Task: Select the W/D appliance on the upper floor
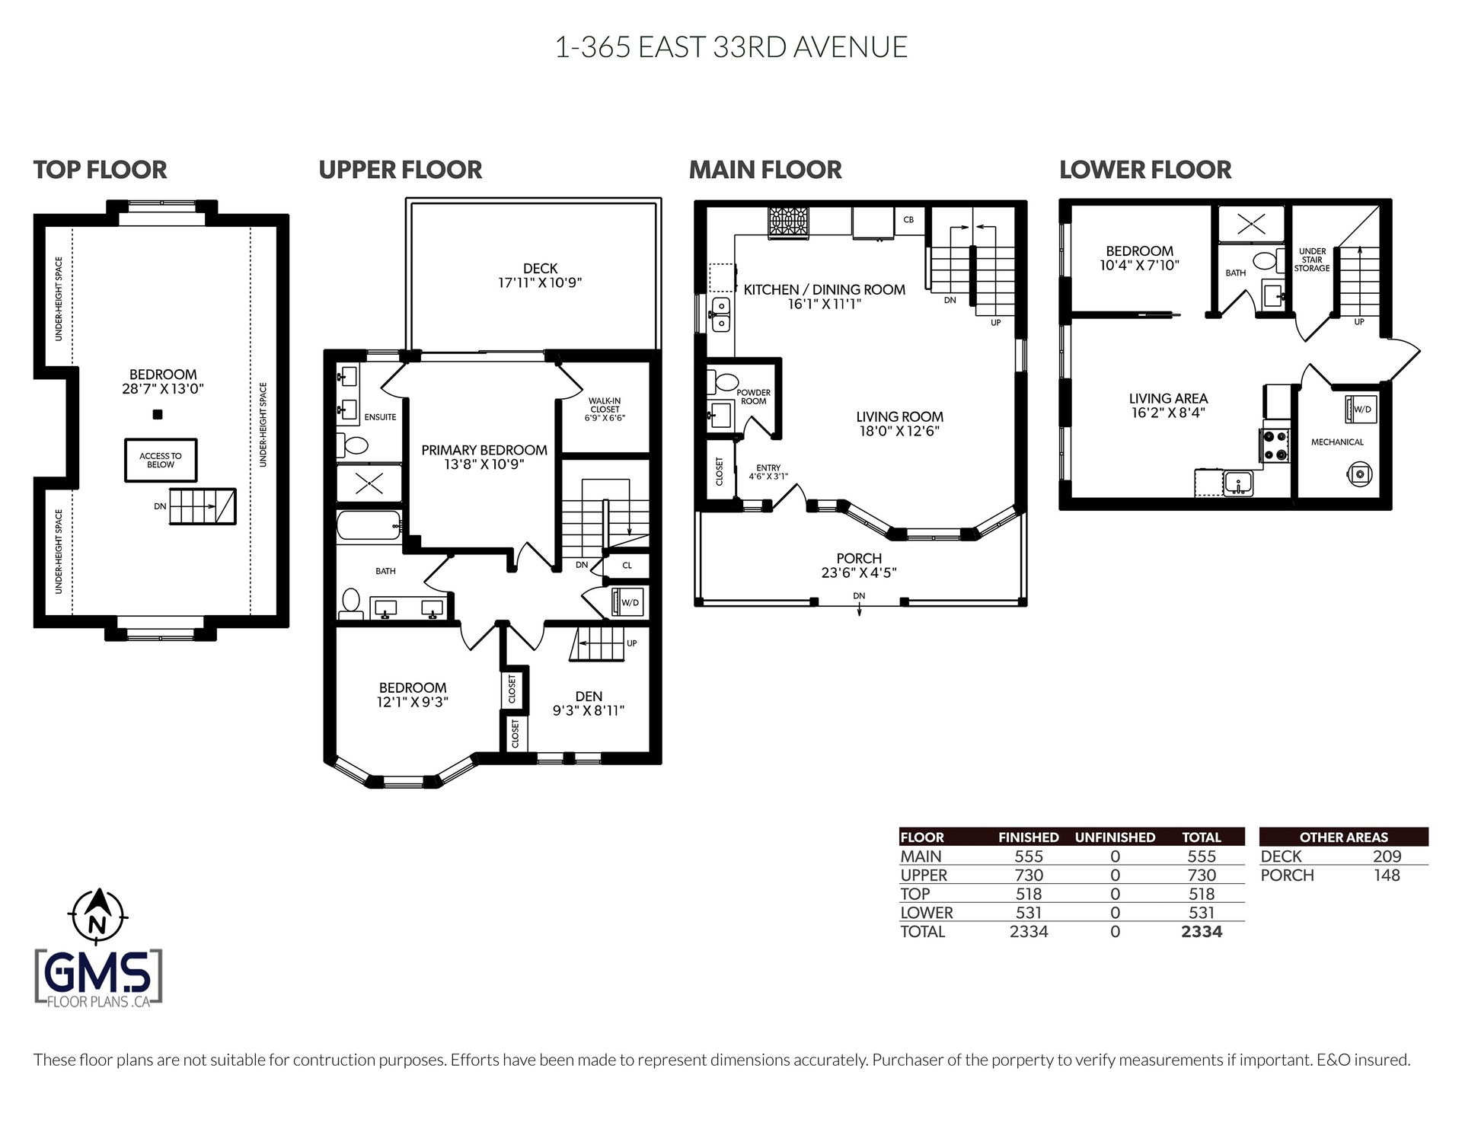tap(628, 602)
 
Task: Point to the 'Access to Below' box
tap(161, 460)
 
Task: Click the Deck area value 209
tap(1387, 856)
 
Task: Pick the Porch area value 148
tap(1387, 875)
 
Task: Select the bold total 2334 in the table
tap(1202, 931)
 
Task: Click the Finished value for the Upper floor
tap(1029, 875)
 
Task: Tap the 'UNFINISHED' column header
tap(1115, 837)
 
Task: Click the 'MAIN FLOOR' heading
tap(765, 169)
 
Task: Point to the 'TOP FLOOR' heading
tap(100, 169)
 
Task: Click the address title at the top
tap(731, 47)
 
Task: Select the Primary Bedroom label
tap(484, 450)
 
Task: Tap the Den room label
tap(589, 696)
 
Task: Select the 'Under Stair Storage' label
tap(1312, 260)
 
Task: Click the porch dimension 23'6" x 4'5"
tap(859, 572)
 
